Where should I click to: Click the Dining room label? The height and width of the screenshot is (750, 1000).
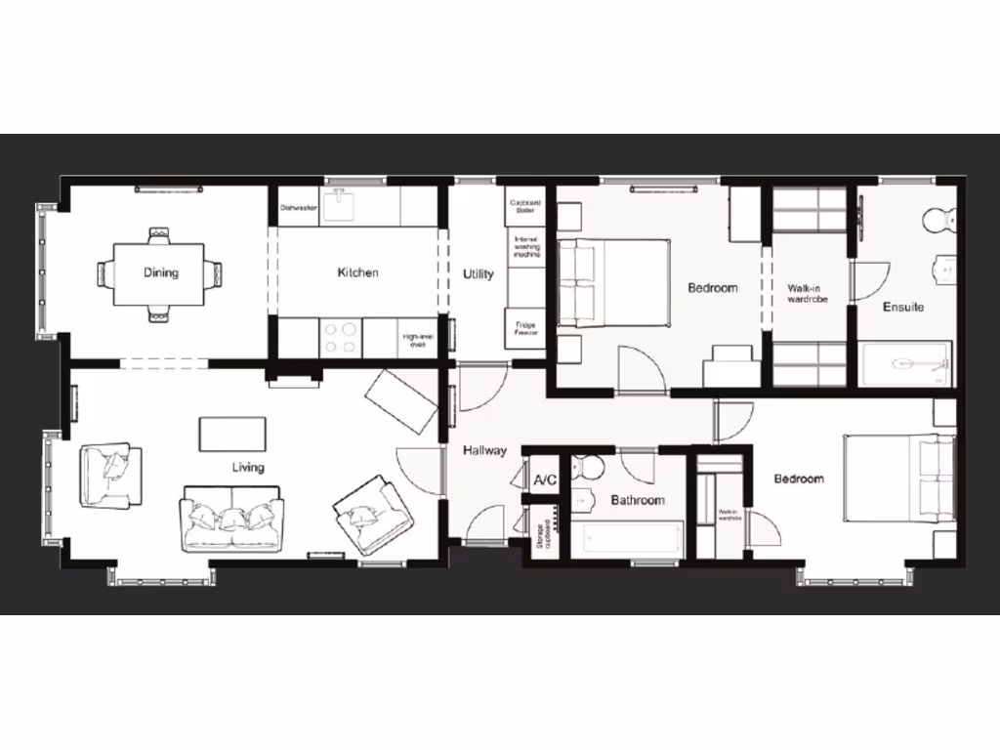161,272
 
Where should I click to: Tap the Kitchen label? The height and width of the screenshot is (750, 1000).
357,272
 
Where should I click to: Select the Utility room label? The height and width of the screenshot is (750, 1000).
478,274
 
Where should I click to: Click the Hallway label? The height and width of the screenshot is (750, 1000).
484,450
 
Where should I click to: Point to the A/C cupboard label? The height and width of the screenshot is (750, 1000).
545,479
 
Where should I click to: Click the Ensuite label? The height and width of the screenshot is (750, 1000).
903,307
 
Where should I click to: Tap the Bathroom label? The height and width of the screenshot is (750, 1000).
638,500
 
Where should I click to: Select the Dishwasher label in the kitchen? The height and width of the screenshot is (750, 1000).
298,208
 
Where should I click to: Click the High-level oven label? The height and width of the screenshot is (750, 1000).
416,339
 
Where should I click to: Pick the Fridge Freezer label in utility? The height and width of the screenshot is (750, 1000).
526,329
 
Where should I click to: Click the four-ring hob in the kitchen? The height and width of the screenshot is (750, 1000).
340,338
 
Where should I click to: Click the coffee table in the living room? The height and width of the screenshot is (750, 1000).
232,434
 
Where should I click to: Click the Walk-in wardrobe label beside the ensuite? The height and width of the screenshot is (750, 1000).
808,293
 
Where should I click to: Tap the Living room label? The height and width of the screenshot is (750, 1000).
248,467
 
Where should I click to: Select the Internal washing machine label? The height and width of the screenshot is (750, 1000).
526,246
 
